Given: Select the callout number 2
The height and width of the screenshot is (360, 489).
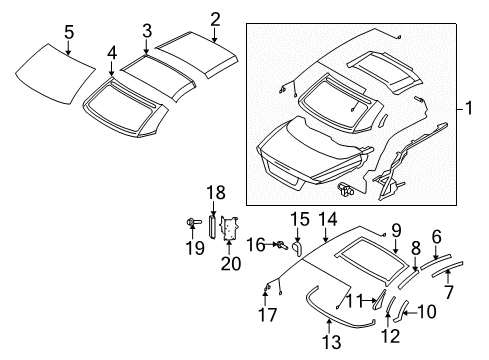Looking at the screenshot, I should click(215, 18).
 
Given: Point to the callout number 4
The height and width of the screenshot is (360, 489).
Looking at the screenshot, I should click(112, 52).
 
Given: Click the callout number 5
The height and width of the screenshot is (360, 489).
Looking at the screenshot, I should click(68, 32).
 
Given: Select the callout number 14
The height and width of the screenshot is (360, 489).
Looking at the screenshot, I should click(328, 245).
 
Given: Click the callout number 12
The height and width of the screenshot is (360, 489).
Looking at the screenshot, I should click(390, 334).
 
